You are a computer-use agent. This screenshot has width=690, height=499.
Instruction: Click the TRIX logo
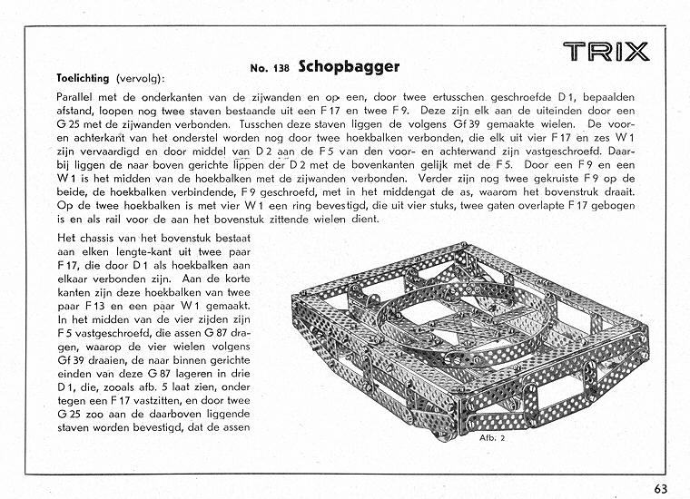606,52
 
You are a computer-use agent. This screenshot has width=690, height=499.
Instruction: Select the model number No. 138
270,68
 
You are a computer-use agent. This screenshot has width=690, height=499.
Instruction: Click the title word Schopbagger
349,67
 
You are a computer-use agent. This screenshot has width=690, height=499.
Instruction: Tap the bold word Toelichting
83,79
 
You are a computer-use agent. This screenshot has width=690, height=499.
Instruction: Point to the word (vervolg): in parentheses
141,79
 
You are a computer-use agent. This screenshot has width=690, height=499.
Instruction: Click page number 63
661,489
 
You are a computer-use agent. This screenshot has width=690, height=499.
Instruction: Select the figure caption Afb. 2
492,438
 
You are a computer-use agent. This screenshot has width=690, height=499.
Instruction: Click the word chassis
98,239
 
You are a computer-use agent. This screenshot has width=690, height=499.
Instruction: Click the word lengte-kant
143,252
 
